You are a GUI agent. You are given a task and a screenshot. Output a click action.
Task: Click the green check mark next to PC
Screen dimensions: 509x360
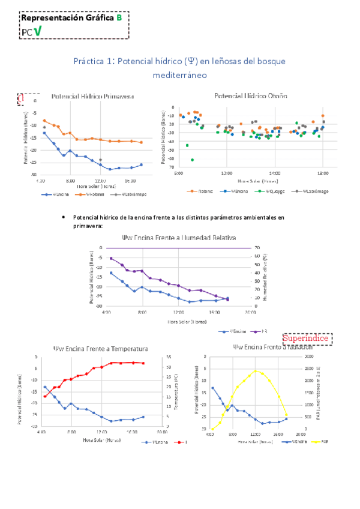[37, 31]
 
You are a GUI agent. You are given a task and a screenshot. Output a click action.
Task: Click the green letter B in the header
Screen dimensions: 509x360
[119, 18]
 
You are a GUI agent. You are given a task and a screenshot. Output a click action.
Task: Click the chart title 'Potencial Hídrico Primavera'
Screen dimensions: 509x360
[92, 96]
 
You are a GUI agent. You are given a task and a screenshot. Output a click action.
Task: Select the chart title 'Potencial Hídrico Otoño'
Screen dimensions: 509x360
[251, 95]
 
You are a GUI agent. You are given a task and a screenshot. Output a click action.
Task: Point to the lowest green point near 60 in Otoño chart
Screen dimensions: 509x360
[193, 160]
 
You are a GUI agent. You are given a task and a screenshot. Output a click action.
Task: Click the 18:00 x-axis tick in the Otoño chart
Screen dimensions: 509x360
[323, 172]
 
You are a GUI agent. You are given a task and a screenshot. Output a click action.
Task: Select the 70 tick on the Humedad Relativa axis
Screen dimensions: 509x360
[257, 248]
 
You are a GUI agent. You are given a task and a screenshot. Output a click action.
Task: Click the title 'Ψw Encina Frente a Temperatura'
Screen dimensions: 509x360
[101, 349]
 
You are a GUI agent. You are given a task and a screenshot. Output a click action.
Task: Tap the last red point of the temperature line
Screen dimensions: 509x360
[143, 363]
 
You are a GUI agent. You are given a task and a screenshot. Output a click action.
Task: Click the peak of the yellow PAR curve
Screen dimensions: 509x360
[256, 371]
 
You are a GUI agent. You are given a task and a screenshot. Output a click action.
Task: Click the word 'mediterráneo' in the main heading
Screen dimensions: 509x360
[179, 76]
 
